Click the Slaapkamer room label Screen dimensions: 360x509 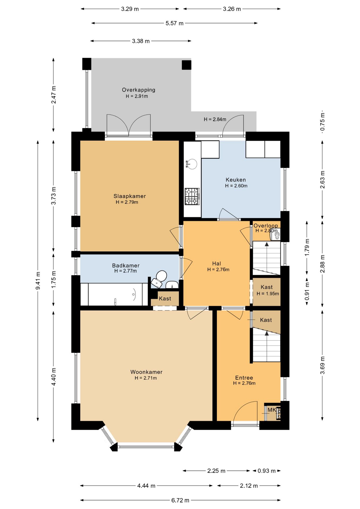point(130,196)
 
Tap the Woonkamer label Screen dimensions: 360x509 point(146,372)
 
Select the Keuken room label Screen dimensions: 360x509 point(236,180)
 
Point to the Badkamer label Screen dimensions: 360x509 point(126,265)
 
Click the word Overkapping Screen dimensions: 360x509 point(139,90)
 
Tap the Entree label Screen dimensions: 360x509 point(244,378)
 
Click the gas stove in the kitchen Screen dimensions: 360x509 point(192,196)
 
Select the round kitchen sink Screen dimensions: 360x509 point(191,164)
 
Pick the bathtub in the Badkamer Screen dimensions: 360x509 point(114,294)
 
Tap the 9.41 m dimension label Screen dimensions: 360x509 point(38,280)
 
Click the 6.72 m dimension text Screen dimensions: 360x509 point(180,500)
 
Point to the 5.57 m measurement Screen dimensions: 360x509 point(174,23)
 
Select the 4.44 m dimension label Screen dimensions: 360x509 point(146,486)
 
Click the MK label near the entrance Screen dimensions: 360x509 point(272,410)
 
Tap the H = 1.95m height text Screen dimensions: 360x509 point(268,294)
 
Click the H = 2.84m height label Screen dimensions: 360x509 point(215,119)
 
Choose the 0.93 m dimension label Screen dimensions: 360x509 point(267,471)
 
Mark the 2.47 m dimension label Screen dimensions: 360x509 point(54,95)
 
